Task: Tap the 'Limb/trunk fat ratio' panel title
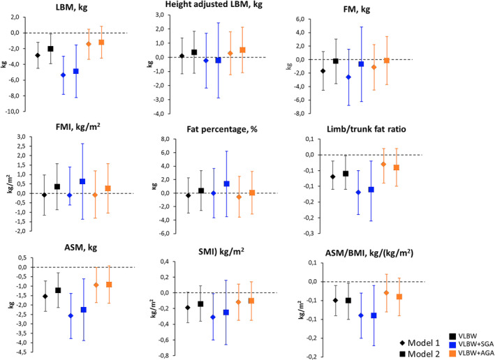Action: [x=401, y=130]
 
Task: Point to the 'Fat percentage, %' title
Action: [x=230, y=130]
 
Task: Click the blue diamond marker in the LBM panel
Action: [x=64, y=75]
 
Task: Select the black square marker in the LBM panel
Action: [x=50, y=49]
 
